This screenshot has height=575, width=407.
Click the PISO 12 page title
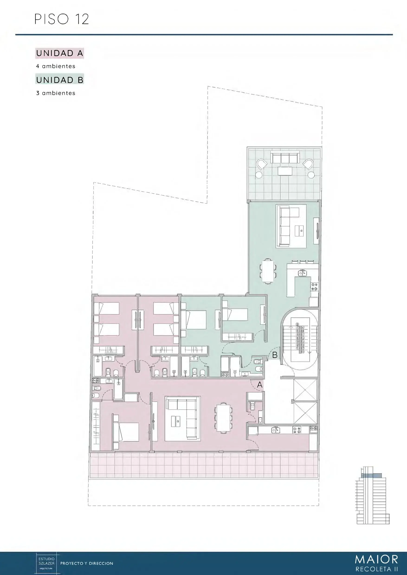61,19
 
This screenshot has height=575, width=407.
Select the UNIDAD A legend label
59,53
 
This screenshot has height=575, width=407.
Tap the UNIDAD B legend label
59,80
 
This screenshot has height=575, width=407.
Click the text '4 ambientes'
55,66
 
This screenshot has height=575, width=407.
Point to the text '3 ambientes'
55,93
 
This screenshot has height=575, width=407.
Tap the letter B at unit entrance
275,355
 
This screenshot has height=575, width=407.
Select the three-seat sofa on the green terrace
285,158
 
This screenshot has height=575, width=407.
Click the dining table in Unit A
223,417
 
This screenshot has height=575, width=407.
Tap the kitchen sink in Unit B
302,273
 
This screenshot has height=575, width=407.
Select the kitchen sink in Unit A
276,430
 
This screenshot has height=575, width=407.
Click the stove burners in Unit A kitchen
297,430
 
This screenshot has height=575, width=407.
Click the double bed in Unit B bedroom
193,320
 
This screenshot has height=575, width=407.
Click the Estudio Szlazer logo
46,563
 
